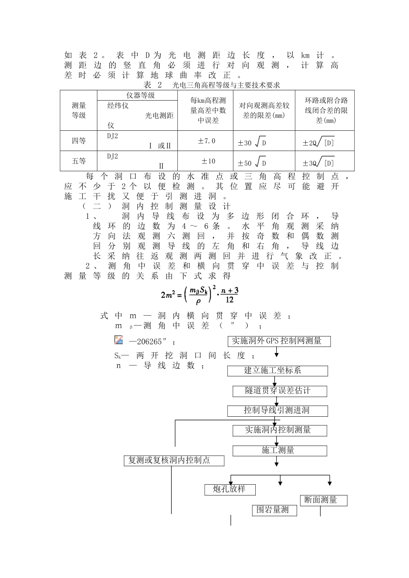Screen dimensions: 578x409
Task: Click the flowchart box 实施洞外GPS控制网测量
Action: point(279,341)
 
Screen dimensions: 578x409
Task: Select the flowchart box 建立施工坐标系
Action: point(278,371)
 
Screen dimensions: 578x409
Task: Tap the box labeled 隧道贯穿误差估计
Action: point(280,391)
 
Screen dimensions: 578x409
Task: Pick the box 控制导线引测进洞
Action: point(278,411)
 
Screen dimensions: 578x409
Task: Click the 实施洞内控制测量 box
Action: point(280,430)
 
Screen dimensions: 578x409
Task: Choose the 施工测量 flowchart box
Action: point(280,451)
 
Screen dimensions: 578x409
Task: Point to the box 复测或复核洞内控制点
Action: point(174,461)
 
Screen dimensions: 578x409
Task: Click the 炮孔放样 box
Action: point(230,489)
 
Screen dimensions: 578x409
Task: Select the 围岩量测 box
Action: point(274,510)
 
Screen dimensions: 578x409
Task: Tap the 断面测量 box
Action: point(323,500)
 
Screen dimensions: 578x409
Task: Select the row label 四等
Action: point(78,141)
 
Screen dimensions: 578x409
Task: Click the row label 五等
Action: point(78,161)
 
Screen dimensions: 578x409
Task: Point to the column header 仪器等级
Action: point(137,95)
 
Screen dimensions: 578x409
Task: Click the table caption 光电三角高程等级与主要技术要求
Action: point(226,85)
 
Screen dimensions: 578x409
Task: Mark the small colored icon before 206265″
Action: point(119,340)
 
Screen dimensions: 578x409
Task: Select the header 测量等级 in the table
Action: point(78,110)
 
